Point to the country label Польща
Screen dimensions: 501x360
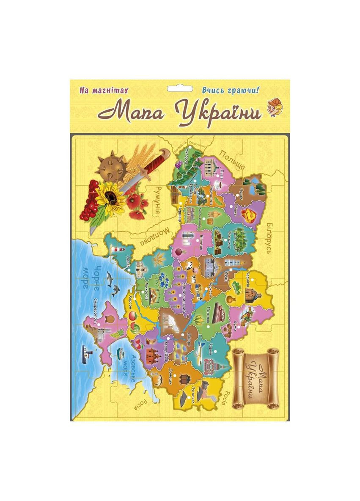232,160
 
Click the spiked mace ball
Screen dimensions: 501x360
109,168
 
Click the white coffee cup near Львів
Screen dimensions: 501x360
218,184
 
